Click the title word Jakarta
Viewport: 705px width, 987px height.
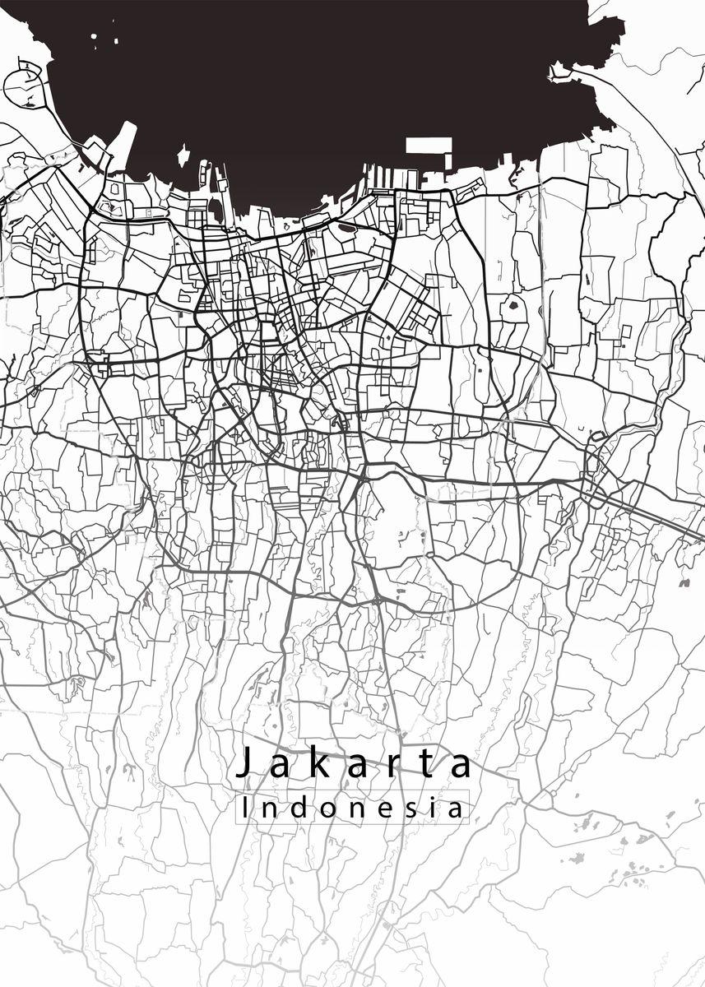pyautogui.click(x=355, y=764)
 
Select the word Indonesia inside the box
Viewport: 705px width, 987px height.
pyautogui.click(x=352, y=808)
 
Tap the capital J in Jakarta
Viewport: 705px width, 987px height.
pyautogui.click(x=243, y=763)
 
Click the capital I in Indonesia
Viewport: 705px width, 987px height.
pyautogui.click(x=246, y=808)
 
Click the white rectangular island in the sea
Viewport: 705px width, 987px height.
pyautogui.click(x=429, y=146)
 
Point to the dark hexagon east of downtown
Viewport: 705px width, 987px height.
pyautogui.click(x=514, y=307)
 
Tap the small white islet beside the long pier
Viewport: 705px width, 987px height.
pyautogui.click(x=183, y=154)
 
